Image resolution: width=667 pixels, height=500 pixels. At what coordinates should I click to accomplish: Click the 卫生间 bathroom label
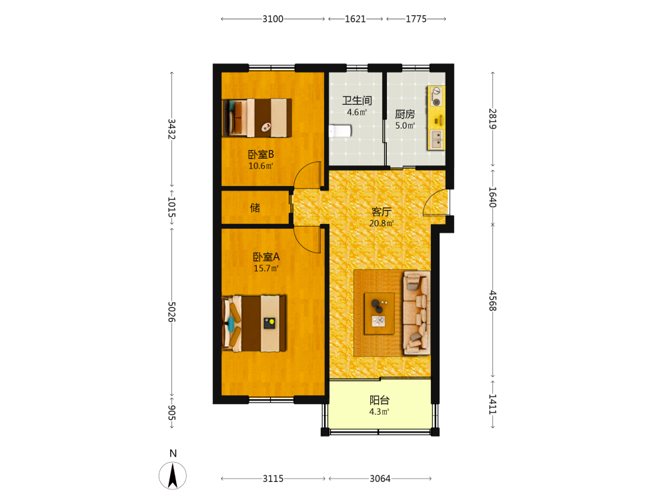[x=357, y=101]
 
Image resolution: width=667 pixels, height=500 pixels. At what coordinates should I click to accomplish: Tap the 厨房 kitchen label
[x=405, y=114]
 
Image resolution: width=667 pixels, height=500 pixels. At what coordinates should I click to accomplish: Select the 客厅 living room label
[x=381, y=211]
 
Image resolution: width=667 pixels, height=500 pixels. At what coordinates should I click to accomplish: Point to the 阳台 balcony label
[x=380, y=400]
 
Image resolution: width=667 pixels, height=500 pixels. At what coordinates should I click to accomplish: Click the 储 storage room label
[x=255, y=207]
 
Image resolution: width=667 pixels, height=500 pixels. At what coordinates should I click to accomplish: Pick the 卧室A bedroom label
[x=266, y=257]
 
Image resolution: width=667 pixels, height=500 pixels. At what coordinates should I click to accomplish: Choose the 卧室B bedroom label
[x=261, y=155]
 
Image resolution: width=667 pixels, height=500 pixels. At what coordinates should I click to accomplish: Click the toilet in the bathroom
[x=340, y=131]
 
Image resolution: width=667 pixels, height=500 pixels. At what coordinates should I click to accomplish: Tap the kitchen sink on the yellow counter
[x=436, y=139]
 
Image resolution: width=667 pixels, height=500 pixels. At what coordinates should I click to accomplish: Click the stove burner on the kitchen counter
[x=436, y=97]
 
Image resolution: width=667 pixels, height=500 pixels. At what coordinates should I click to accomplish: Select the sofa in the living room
[x=416, y=313]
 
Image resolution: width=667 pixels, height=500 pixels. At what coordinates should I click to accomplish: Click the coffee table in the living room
[x=379, y=313]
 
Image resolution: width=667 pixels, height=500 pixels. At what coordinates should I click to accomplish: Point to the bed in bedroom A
[x=254, y=323]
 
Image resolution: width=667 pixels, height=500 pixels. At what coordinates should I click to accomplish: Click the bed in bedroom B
[x=257, y=118]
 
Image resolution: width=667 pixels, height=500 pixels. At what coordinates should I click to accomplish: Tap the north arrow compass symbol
[x=173, y=475]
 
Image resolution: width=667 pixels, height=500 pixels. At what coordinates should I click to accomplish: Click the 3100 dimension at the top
[x=273, y=19]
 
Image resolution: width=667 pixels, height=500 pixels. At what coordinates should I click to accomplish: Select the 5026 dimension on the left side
[x=171, y=312]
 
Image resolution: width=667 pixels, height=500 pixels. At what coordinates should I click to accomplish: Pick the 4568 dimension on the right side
[x=493, y=301]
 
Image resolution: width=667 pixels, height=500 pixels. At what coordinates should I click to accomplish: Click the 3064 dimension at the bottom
[x=380, y=479]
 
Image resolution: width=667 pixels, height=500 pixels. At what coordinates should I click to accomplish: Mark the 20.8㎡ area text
[x=381, y=223]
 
